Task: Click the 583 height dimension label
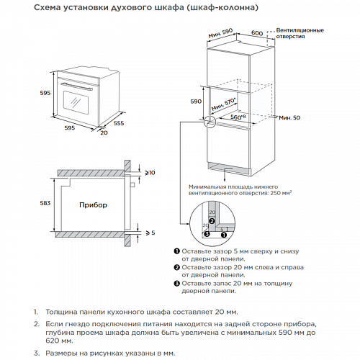[x=45, y=203]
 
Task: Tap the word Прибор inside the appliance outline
[x=93, y=205]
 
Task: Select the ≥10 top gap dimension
[x=150, y=173]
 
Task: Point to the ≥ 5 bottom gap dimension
[x=150, y=233]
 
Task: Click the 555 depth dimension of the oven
[x=119, y=123]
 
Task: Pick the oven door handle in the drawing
[x=77, y=86]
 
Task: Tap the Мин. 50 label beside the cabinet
[x=289, y=117]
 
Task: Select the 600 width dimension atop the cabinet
[x=257, y=33]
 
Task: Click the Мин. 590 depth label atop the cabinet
[x=220, y=33]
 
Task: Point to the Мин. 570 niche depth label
[x=224, y=104]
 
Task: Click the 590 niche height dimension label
[x=196, y=102]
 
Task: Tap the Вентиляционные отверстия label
[x=300, y=33]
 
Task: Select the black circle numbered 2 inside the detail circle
[x=212, y=221]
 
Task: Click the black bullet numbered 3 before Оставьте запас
[x=176, y=284]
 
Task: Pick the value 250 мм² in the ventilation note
[x=281, y=193]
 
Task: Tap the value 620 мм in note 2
[x=59, y=341]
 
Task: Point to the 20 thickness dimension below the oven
[x=104, y=132]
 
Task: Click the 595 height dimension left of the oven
[x=45, y=93]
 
